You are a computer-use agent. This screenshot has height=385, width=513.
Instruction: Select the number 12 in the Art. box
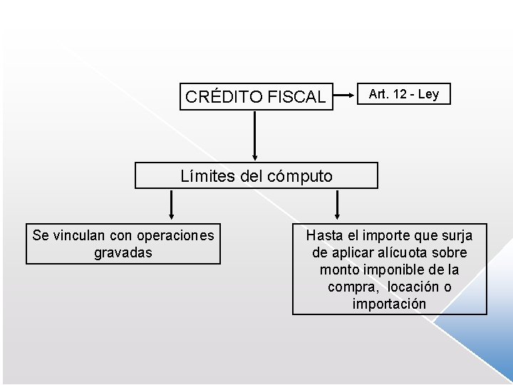click(399, 94)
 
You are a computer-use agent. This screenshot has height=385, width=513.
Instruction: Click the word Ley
click(428, 94)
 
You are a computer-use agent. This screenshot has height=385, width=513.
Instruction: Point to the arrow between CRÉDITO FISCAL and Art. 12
click(345, 93)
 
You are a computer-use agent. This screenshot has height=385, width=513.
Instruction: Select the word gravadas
click(123, 252)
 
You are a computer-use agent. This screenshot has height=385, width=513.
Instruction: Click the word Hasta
click(323, 235)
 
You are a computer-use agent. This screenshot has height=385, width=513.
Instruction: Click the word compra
click(353, 287)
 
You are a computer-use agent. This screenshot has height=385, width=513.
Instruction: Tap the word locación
click(412, 287)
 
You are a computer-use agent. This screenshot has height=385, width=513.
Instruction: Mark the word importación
click(389, 304)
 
